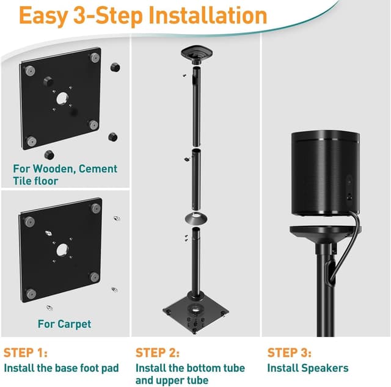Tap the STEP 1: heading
tap(26, 353)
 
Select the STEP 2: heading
tap(158, 353)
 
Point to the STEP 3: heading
tap(289, 353)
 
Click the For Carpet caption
tap(64, 324)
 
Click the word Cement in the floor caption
tap(98, 168)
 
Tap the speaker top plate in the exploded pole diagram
tap(197, 52)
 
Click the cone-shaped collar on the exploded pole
tap(195, 219)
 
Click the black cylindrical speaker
tap(326, 173)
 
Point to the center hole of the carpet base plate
tap(62, 250)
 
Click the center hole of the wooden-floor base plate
tap(62, 99)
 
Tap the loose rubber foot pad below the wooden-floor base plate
tap(49, 155)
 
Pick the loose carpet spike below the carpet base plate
tap(49, 308)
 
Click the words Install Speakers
tap(308, 368)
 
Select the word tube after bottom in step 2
tap(234, 368)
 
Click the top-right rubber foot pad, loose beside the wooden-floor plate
tap(115, 67)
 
